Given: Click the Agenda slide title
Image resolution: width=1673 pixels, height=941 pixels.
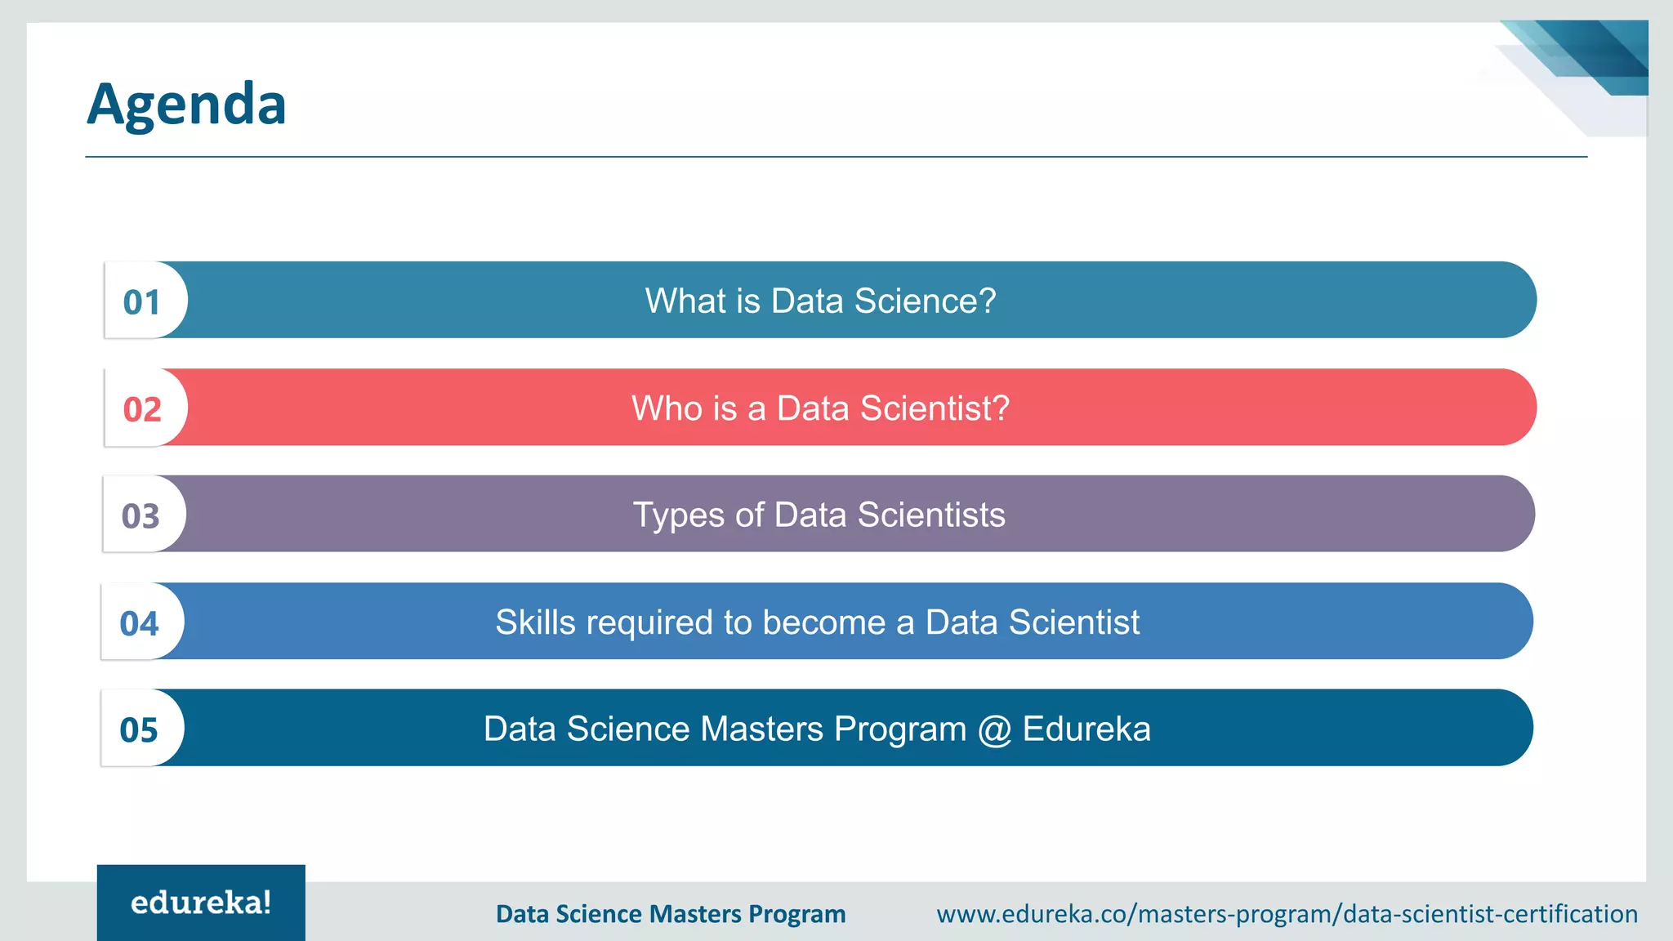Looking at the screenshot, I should point(186,105).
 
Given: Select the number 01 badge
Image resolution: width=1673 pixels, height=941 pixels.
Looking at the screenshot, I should point(142,302).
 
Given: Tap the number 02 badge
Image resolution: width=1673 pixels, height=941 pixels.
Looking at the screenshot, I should point(142,409).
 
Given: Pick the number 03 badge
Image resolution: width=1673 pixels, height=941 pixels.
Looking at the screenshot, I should point(141,516).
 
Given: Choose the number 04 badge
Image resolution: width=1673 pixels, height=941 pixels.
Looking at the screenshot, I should point(139,624).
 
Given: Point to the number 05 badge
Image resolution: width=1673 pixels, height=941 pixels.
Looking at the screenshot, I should point(139,730).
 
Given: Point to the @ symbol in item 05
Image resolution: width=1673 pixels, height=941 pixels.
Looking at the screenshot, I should point(994,729).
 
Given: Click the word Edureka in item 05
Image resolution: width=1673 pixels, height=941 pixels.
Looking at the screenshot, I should point(1086,729).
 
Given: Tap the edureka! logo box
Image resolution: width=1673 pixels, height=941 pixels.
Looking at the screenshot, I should point(201,903).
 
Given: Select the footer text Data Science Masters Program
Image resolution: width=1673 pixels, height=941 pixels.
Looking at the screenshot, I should point(671,913).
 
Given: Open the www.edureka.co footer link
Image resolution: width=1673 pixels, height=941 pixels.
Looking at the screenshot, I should point(1287,913).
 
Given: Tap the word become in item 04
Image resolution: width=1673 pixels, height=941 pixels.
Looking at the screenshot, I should point(824,622).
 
